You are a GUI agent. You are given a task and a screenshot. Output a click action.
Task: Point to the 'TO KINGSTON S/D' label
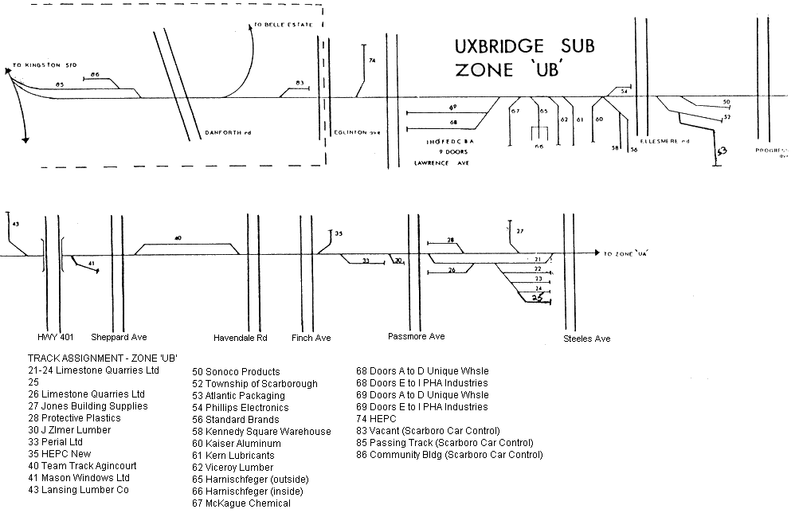tap(44, 63)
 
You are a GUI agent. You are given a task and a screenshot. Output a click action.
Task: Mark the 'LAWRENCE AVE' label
tap(441, 163)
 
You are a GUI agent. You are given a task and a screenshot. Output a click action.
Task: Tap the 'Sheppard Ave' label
tap(119, 338)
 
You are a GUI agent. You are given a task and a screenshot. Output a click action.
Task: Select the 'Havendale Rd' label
tap(241, 339)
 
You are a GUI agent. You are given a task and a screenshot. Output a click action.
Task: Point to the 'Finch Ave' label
tap(311, 339)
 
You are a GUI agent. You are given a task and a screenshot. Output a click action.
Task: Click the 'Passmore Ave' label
tap(416, 337)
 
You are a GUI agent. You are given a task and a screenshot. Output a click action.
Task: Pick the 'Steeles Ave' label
tap(587, 339)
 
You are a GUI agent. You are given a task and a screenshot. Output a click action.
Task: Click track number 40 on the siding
tap(178, 238)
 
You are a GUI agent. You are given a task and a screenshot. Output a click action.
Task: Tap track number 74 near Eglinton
tap(372, 61)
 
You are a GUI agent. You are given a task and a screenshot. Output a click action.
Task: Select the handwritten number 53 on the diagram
tap(721, 151)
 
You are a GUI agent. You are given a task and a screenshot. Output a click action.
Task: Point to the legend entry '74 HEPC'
tap(376, 419)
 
